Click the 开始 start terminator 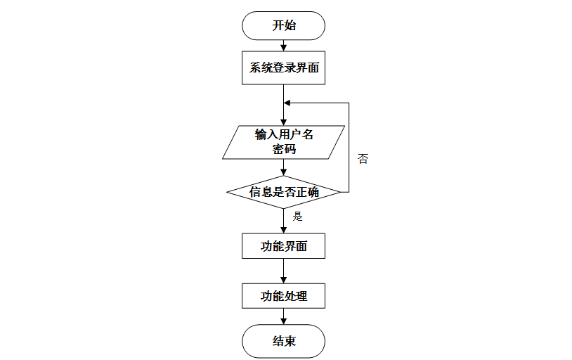coord(283,25)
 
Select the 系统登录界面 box coord(283,68)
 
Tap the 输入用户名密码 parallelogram coord(283,142)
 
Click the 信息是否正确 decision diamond coord(283,191)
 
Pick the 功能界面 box coord(283,246)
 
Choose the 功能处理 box coord(283,295)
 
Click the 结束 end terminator coord(283,342)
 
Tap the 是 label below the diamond coord(298,217)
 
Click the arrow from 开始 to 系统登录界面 coord(283,46)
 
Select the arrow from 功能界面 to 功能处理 coord(283,271)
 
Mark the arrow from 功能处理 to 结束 coord(283,316)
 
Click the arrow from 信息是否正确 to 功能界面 coord(283,220)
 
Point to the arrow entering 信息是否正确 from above coord(283,168)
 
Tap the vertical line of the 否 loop coord(349,148)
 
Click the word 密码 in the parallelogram coord(284,149)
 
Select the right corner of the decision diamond coord(340,191)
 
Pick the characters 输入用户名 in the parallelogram coord(284,134)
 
